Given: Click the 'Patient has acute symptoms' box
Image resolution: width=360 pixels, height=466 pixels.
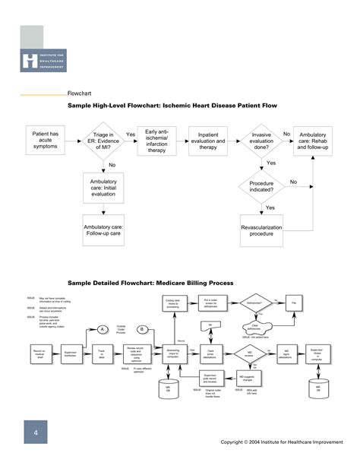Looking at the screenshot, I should tap(45, 141).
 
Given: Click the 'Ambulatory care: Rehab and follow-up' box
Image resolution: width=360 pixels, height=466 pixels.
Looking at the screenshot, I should tap(314, 141).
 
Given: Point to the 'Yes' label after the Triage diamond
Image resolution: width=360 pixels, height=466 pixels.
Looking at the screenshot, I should tap(131, 135).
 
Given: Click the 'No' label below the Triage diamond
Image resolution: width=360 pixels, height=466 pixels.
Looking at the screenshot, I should tap(112, 165).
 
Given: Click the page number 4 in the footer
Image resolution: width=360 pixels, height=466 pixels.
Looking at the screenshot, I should tap(35, 434).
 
